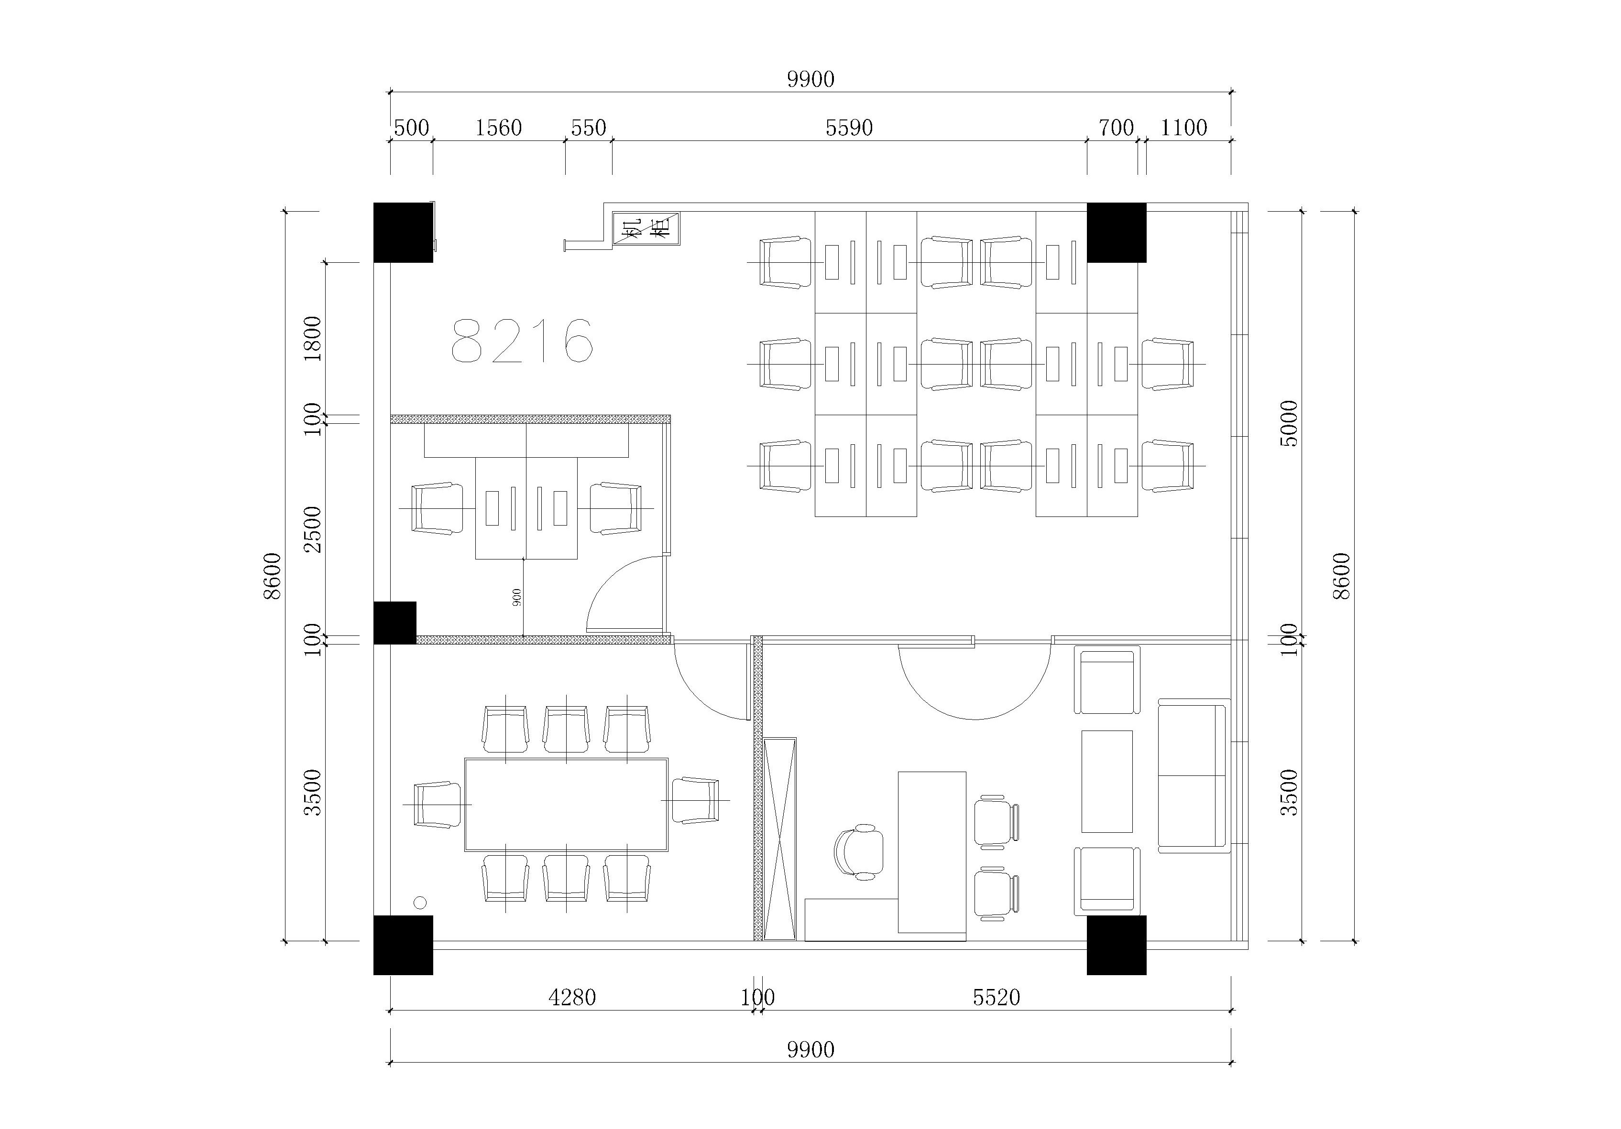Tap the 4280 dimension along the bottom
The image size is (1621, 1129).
click(x=572, y=997)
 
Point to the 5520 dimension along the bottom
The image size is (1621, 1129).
click(x=996, y=997)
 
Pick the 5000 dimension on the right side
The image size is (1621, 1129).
click(x=1289, y=423)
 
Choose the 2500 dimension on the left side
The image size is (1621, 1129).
click(x=312, y=529)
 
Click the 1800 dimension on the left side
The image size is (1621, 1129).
click(x=312, y=339)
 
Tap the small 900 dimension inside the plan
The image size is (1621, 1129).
click(x=517, y=598)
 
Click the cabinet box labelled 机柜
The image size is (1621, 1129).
click(x=646, y=229)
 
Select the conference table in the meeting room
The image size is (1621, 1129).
click(x=566, y=805)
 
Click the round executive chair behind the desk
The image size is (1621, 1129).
click(x=858, y=852)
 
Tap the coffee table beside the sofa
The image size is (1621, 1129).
click(x=1107, y=781)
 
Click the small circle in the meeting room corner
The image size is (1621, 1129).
click(x=420, y=903)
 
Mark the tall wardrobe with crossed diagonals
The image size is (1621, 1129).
click(x=780, y=839)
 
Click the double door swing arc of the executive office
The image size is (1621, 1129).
click(x=975, y=719)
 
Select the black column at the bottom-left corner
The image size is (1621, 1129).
click(x=403, y=945)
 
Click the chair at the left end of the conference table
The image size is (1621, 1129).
click(x=437, y=805)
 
